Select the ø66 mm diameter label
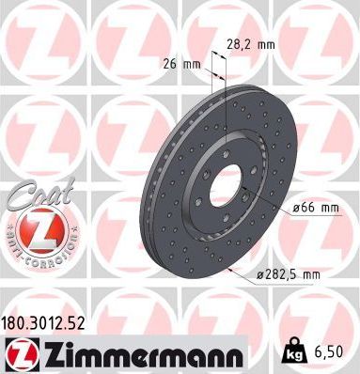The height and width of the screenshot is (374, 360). click(315, 210)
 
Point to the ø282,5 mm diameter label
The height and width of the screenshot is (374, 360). click(300, 273)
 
